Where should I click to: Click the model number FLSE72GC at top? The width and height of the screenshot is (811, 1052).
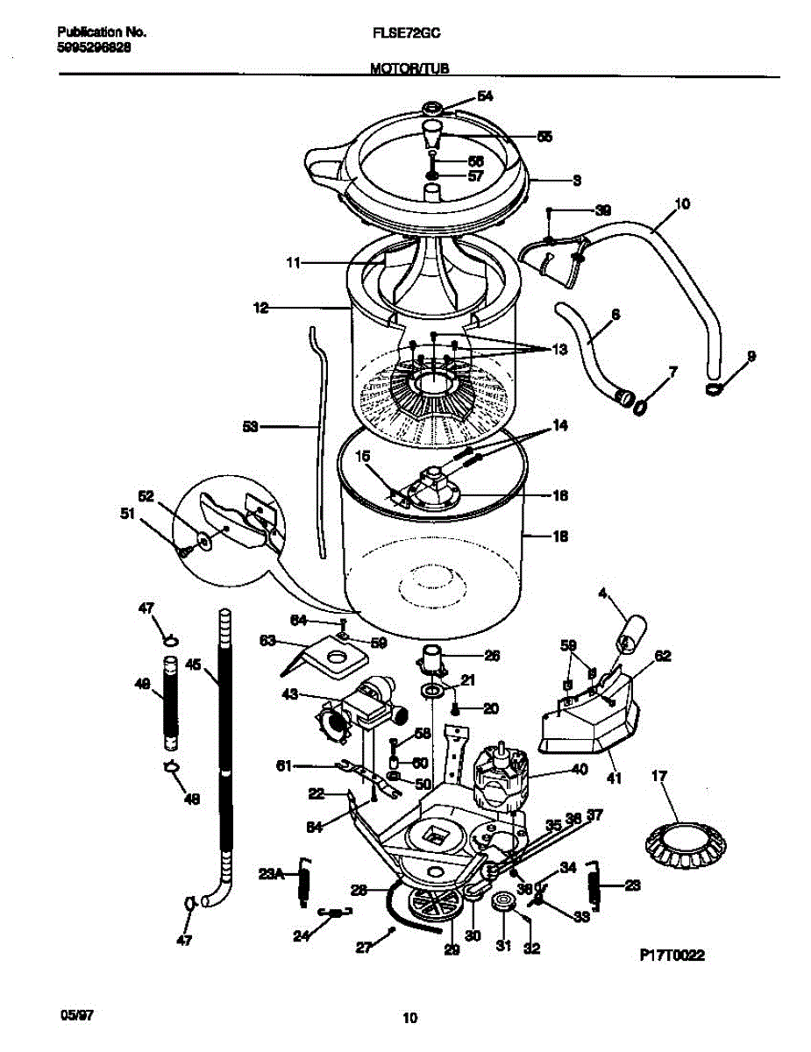(407, 32)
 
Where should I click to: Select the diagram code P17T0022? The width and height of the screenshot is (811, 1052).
(672, 956)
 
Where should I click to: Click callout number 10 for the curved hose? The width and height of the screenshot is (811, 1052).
(681, 204)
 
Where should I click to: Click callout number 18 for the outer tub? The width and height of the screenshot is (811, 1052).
(560, 537)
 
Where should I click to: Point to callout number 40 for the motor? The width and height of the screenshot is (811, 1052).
(579, 771)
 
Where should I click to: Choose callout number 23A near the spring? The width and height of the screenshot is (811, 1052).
(272, 873)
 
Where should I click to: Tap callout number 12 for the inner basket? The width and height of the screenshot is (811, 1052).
(260, 308)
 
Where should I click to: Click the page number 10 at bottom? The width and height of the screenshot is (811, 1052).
(409, 1018)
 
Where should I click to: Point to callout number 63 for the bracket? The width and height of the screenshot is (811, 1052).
(267, 641)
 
